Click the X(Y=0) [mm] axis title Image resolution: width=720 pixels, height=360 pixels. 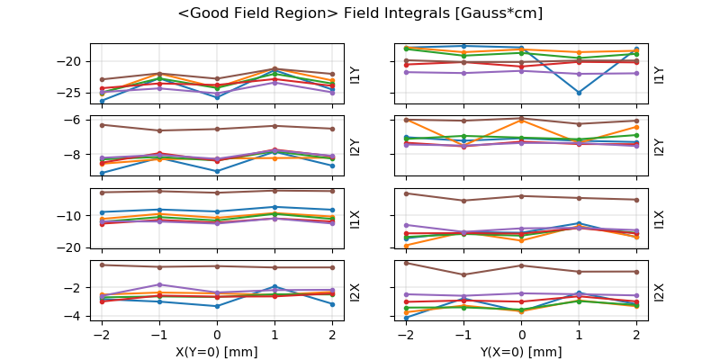point(217,351)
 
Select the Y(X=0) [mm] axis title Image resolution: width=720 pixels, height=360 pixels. point(522,351)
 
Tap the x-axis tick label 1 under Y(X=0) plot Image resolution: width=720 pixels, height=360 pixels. point(579,334)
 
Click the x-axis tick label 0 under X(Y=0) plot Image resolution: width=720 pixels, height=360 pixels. point(217,334)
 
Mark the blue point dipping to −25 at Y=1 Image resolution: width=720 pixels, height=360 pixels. point(579,93)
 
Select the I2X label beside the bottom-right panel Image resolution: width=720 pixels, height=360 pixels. point(659,292)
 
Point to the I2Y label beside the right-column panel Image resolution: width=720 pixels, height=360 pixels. point(659,147)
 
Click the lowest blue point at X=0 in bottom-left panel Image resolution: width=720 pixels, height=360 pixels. point(217,306)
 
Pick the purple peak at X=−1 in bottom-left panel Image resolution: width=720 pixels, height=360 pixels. point(160,284)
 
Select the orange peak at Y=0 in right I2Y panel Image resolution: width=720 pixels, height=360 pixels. point(522,120)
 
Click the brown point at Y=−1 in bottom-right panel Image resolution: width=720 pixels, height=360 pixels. point(464,274)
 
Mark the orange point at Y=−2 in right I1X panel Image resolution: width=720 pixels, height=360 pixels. point(407,246)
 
